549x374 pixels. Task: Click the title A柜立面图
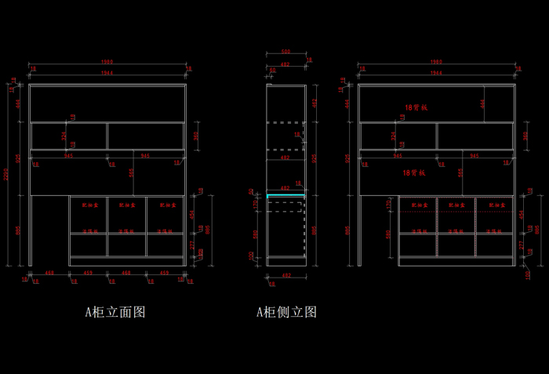115,312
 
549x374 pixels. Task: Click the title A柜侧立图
286,312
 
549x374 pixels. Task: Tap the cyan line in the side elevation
285,195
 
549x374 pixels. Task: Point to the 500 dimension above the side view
285,53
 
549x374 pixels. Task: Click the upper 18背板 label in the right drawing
415,106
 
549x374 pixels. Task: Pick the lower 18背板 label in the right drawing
414,172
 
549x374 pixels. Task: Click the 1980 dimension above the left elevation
107,61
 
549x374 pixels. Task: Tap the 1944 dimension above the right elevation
436,73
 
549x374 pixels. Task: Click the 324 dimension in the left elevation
64,135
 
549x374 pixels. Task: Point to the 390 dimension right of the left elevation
196,135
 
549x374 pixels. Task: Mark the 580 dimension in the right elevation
389,234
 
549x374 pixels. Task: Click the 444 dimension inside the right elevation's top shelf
483,102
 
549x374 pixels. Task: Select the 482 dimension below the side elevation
285,276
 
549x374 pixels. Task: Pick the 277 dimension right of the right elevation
522,244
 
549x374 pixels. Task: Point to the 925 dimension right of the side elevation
314,158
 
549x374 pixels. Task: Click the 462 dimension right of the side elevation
314,103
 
